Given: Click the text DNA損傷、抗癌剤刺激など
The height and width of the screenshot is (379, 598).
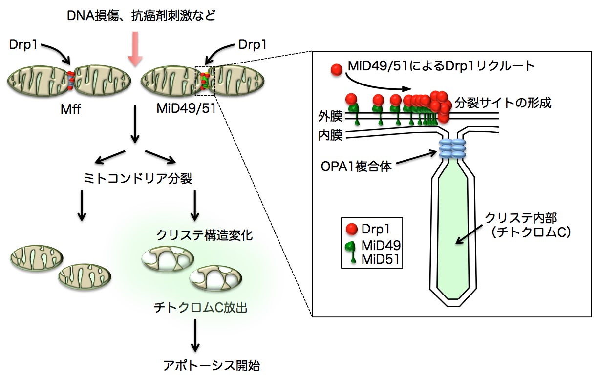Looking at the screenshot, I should [141, 16].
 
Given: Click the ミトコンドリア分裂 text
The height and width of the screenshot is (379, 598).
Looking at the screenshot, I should [136, 179].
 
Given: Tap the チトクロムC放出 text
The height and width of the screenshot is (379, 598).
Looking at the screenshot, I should [194, 308].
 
